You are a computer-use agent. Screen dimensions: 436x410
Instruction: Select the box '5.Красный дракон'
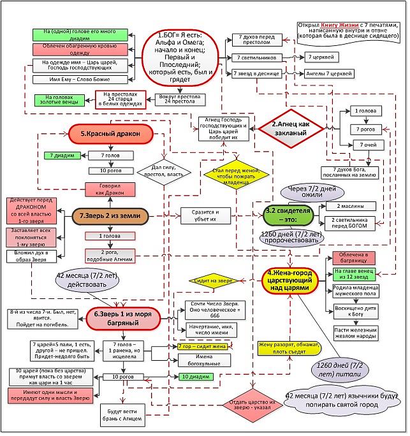pyautogui.click(x=109, y=133)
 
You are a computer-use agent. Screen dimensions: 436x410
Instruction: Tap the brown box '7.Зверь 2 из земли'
pyautogui.click(x=110, y=216)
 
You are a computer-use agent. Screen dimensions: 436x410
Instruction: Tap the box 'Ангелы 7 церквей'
pyautogui.click(x=330, y=73)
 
